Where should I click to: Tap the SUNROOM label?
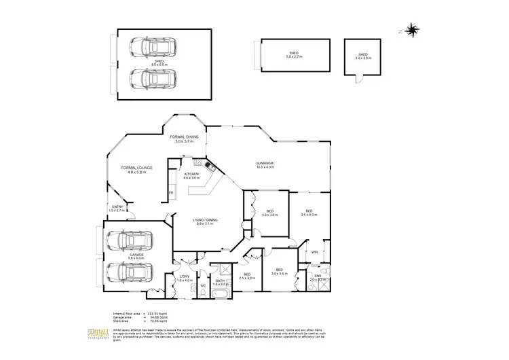(x=264, y=165)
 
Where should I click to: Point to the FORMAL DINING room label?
(x=184, y=139)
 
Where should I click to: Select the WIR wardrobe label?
(x=314, y=252)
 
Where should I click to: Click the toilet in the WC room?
(x=203, y=294)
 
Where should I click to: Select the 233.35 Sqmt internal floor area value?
(x=157, y=314)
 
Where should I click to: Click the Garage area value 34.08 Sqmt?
(x=157, y=317)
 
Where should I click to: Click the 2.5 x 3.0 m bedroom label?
(x=247, y=277)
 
